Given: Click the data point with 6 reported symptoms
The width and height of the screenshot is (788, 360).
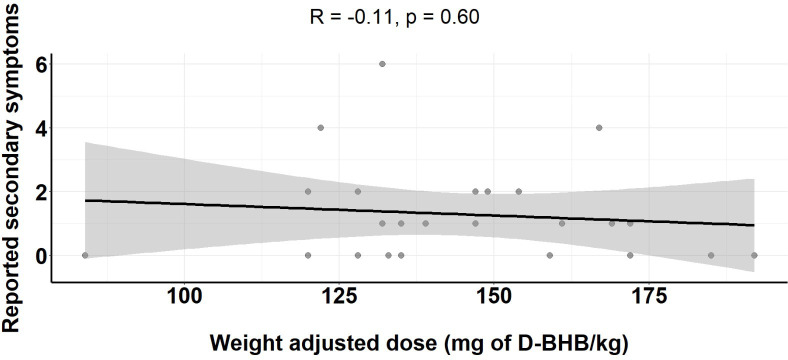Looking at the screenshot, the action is (382, 64).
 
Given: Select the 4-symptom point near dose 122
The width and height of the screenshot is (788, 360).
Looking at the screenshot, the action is (321, 128).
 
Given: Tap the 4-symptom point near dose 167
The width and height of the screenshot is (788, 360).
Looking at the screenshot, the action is (599, 128).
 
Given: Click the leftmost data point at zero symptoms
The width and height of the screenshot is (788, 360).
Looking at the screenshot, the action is (85, 255).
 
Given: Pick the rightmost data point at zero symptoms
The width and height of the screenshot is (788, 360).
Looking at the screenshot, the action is (754, 255).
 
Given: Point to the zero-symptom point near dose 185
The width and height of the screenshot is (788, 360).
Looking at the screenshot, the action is (711, 255).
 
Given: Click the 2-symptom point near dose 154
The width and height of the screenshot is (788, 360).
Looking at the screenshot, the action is (519, 192).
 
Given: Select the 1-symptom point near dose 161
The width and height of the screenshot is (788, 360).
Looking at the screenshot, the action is (562, 223).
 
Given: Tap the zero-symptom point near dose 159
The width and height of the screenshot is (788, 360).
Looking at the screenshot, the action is (550, 255).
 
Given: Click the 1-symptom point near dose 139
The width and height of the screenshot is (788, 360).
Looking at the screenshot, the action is (426, 223).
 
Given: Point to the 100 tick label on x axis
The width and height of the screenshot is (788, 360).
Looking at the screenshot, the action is (185, 296).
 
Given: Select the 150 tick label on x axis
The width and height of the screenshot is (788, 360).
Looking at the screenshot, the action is (494, 296).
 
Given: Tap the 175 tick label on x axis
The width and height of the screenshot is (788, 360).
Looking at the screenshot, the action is (648, 296).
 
